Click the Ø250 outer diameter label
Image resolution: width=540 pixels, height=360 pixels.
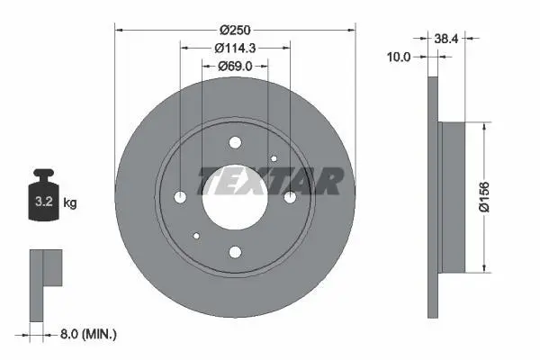(235, 31)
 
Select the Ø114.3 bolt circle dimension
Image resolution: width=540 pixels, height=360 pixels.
(235, 49)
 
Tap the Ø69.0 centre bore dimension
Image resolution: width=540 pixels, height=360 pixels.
(235, 66)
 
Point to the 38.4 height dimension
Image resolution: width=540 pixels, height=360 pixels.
(446, 39)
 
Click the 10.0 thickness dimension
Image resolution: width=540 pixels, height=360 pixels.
(399, 57)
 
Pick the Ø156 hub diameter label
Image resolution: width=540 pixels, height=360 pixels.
(484, 197)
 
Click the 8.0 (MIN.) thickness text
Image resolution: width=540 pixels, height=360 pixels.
(88, 334)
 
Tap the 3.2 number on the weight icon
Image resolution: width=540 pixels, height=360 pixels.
(44, 202)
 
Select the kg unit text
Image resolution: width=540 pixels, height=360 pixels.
(70, 202)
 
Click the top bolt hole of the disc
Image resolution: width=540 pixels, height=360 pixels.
(235, 142)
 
